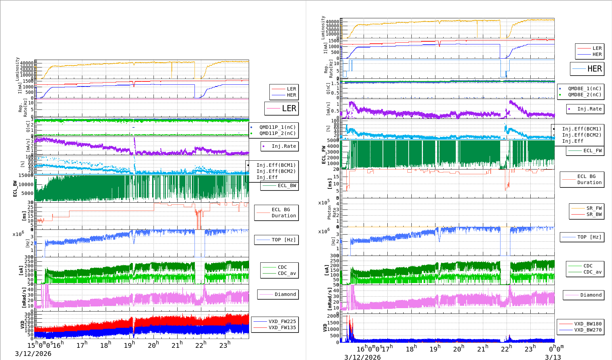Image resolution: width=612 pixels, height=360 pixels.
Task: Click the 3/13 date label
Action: tap(553, 357)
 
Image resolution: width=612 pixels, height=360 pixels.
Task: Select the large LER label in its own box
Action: tap(289, 108)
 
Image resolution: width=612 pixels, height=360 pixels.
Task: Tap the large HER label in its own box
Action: tap(594, 69)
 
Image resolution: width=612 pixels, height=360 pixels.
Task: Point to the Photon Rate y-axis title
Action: tap(332, 212)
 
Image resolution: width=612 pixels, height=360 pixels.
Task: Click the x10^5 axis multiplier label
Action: tap(324, 202)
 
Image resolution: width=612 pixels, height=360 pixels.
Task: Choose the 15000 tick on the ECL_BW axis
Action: tap(26, 175)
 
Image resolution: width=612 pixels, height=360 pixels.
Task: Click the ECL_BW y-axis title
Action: tap(15, 188)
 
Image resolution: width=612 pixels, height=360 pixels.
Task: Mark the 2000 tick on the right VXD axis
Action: tap(333, 316)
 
